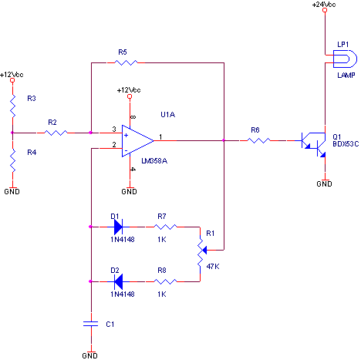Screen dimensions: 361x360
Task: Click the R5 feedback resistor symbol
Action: [126, 62]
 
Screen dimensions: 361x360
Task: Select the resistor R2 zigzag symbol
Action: [56, 133]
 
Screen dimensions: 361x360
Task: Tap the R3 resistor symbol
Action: [12, 106]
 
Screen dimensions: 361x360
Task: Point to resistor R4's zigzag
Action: [12, 160]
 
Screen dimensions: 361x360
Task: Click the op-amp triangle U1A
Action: [137, 141]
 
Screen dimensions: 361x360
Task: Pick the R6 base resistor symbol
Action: [258, 140]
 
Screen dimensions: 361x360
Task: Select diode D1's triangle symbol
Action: [118, 227]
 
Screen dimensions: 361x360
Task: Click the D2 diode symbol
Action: [118, 281]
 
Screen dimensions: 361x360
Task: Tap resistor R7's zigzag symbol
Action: [165, 227]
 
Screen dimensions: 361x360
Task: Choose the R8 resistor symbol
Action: [165, 281]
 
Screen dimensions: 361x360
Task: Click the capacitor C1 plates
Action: [91, 324]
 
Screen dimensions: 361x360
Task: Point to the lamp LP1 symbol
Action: [345, 59]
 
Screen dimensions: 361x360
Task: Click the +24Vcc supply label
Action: [324, 5]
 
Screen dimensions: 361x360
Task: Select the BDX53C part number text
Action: [346, 143]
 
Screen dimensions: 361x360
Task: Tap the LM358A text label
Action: [154, 161]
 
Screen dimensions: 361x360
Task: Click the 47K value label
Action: [213, 267]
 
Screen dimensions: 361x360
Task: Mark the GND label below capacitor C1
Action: [89, 355]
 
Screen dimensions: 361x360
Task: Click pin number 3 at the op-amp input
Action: [114, 129]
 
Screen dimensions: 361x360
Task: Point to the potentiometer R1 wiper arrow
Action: [204, 250]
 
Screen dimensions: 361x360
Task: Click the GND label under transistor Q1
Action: [324, 183]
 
